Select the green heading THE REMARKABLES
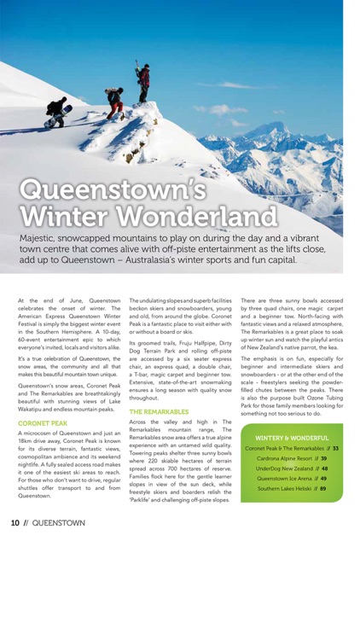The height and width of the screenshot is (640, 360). pyautogui.click(x=159, y=411)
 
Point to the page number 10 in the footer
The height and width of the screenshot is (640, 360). pyautogui.click(x=15, y=522)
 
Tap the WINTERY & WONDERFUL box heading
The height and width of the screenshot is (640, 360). pyautogui.click(x=293, y=438)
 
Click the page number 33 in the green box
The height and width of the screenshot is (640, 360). pyautogui.click(x=335, y=449)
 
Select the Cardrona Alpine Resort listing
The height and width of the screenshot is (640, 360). pyautogui.click(x=292, y=459)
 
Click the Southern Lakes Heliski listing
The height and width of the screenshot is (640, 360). pyautogui.click(x=292, y=490)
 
